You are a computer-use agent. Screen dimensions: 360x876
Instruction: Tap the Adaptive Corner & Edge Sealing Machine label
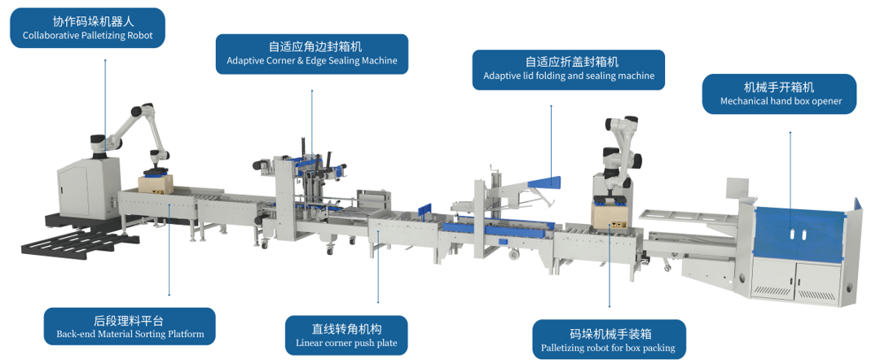click(x=311, y=54)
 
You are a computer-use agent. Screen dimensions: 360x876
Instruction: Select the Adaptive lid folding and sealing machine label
click(x=568, y=69)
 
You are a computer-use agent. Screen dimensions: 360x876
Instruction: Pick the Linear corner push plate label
click(x=346, y=336)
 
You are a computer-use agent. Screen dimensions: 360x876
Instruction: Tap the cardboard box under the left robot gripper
click(x=152, y=185)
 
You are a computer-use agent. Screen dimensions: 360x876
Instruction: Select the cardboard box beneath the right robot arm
click(x=610, y=215)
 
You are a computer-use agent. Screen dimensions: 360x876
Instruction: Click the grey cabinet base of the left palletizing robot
click(x=86, y=191)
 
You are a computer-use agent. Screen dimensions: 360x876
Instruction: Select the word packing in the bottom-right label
click(x=658, y=349)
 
